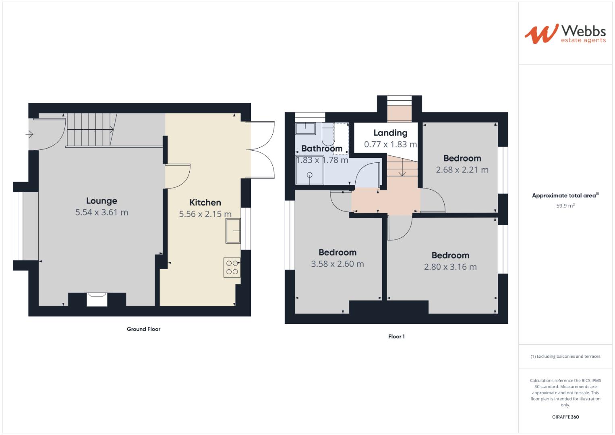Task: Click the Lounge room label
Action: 101,201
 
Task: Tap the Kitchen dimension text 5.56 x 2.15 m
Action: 205,214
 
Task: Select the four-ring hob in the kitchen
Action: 232,267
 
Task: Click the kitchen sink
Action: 233,231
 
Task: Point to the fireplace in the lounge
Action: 97,300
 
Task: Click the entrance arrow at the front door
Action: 29,134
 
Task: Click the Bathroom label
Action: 322,148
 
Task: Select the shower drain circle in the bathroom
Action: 310,175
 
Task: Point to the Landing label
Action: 390,133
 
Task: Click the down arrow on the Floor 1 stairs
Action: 402,172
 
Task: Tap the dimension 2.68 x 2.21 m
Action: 462,170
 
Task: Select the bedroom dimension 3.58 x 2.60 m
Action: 337,264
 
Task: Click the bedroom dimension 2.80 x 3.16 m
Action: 450,267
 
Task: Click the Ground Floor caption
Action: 143,329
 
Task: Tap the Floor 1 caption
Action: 396,336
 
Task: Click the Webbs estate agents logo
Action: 565,33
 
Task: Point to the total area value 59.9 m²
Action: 565,205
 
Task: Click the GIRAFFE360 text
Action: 565,417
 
